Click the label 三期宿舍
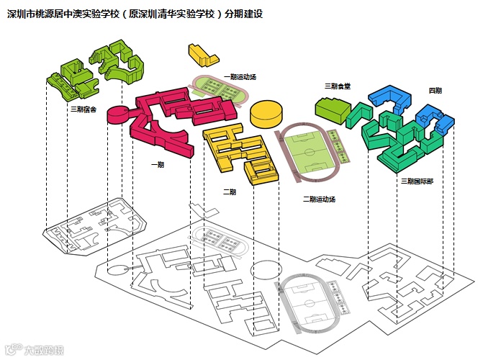click(x=83, y=109)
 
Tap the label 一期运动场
click(x=240, y=76)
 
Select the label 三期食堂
click(x=337, y=86)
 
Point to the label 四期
click(x=435, y=90)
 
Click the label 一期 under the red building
click(x=157, y=164)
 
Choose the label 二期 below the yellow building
click(x=229, y=191)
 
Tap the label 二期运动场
click(x=319, y=199)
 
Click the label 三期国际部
click(x=417, y=181)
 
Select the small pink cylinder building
click(x=117, y=114)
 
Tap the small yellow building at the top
click(x=202, y=55)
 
